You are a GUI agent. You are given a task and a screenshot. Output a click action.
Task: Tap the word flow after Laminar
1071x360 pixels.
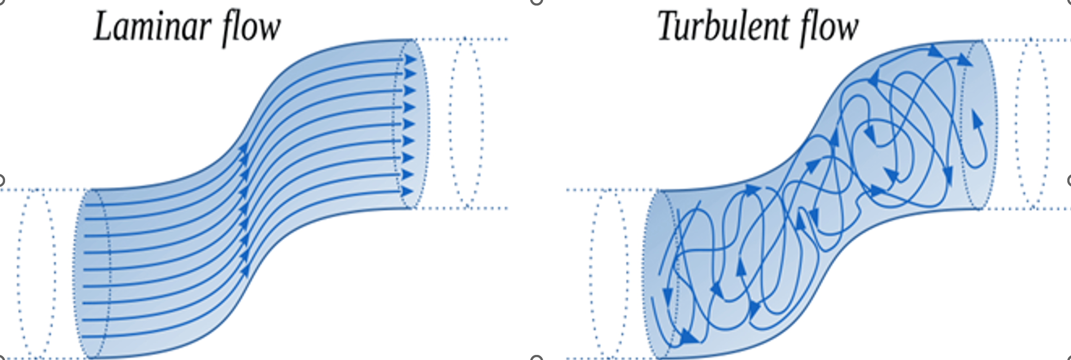252,29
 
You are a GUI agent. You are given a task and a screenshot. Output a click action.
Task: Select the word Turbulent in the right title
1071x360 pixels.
722,27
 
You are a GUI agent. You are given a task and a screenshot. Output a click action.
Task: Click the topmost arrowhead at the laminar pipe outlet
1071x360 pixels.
410,59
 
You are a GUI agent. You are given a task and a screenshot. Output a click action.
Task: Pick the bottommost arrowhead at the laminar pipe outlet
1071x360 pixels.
408,191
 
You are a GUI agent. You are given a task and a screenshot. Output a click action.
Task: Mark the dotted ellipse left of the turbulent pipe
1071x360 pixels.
591,273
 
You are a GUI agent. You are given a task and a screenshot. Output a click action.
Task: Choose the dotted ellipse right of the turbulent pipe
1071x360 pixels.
1017,123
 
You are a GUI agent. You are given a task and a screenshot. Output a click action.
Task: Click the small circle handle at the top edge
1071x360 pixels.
536,1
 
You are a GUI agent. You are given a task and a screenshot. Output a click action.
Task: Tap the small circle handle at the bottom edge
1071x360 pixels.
536,358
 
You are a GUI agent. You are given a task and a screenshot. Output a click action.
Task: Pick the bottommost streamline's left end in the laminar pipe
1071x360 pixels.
85,336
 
